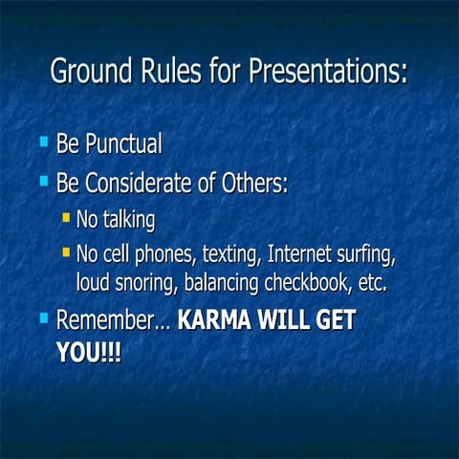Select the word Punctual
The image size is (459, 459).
click(x=122, y=144)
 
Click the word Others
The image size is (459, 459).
click(x=254, y=182)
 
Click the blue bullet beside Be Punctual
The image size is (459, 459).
click(x=43, y=142)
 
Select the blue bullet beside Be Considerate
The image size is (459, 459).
click(x=43, y=180)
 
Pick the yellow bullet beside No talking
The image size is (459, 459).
click(x=65, y=218)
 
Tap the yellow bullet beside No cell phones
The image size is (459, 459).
click(x=65, y=253)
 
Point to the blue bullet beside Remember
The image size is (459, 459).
click(x=43, y=317)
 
